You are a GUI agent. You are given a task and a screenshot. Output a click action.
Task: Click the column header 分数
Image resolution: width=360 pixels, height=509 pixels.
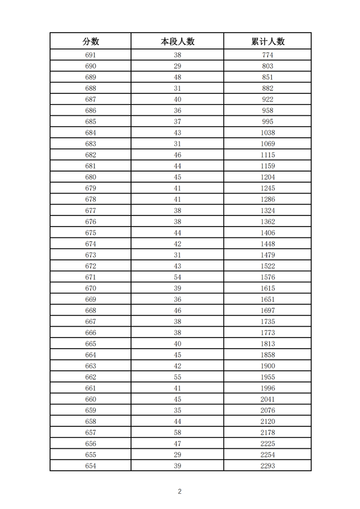[x=91, y=42]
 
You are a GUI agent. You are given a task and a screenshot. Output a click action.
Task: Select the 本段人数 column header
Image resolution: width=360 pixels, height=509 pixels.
[x=177, y=42]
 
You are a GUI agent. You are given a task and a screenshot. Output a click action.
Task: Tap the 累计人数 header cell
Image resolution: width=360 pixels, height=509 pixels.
[x=268, y=42]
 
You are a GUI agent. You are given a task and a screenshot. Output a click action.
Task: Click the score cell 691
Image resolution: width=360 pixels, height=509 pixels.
[x=91, y=55]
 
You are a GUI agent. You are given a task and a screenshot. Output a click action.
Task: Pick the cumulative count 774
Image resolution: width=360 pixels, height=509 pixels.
[x=268, y=55]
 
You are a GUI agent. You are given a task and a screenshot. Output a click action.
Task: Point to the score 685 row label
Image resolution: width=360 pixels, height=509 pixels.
[x=91, y=121]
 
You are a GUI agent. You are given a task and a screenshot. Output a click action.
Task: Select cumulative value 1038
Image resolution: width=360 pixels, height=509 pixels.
[x=268, y=133]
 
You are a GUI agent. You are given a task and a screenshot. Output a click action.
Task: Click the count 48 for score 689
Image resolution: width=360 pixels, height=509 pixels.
[x=177, y=77]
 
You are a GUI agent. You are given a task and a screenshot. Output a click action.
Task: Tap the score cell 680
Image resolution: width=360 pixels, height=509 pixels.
[x=91, y=177]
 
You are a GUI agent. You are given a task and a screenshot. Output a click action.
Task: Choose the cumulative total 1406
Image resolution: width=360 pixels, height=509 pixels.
[x=268, y=233]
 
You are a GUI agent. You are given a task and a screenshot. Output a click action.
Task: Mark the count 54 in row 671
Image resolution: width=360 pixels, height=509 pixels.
[x=177, y=277]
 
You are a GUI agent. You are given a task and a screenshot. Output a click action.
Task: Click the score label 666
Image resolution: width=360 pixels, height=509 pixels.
[x=91, y=333]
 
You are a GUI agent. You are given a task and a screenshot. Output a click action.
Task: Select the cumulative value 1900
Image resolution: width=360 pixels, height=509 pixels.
[x=268, y=366]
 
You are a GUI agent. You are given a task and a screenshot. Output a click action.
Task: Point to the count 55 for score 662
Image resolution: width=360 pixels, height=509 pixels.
[x=177, y=377]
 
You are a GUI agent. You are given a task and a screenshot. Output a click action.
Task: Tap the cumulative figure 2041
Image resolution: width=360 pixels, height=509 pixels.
[x=268, y=399]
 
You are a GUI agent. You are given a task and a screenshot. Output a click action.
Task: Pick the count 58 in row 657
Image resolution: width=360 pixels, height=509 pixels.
[x=177, y=433]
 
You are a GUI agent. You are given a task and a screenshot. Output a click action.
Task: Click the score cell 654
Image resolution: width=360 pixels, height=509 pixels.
[x=91, y=466]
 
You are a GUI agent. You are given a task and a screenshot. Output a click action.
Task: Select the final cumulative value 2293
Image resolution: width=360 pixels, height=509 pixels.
[x=268, y=466]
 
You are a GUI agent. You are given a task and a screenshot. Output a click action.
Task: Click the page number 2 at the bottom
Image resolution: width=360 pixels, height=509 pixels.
[x=180, y=492]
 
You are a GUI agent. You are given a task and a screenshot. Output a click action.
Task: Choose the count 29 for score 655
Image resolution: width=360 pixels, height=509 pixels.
[x=177, y=454]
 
